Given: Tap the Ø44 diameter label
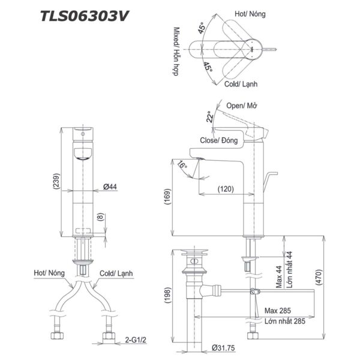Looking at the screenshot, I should (x=109, y=187).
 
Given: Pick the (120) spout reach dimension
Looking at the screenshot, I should (x=226, y=188).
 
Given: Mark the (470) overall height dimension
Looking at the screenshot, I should (x=319, y=277).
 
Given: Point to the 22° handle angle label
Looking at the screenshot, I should (x=210, y=116).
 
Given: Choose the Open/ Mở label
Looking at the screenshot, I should (x=242, y=106).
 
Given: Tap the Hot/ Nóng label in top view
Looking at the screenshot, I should (x=248, y=13).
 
